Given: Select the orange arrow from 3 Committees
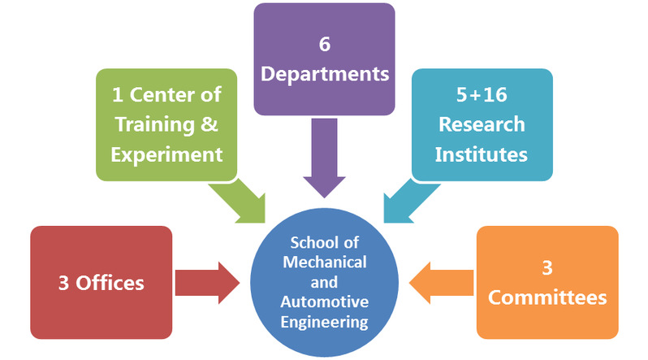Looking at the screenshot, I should [x=443, y=283].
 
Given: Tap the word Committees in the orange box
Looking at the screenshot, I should [x=546, y=297].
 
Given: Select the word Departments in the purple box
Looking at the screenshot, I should [x=324, y=74].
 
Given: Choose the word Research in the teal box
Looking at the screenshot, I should [x=482, y=124].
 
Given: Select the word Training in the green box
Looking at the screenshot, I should [x=161, y=124].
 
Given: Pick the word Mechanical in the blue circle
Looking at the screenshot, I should [x=325, y=262].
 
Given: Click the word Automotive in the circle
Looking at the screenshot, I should [x=325, y=301].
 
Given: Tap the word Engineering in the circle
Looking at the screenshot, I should [x=325, y=321].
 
